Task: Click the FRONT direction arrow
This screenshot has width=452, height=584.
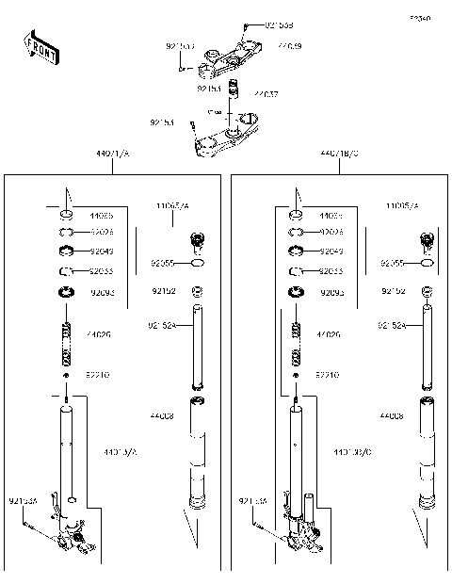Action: tap(40, 47)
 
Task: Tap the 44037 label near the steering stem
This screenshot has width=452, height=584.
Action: tap(266, 94)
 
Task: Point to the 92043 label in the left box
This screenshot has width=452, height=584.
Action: tap(102, 251)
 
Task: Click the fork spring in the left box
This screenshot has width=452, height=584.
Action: tap(67, 345)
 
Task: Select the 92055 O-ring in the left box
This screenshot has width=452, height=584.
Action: tap(197, 265)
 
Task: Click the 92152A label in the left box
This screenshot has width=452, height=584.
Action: tap(160, 325)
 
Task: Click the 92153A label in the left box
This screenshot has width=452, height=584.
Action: tap(23, 500)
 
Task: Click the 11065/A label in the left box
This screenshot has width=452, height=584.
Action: tap(172, 204)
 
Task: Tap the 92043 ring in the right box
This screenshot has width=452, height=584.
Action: tap(296, 251)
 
